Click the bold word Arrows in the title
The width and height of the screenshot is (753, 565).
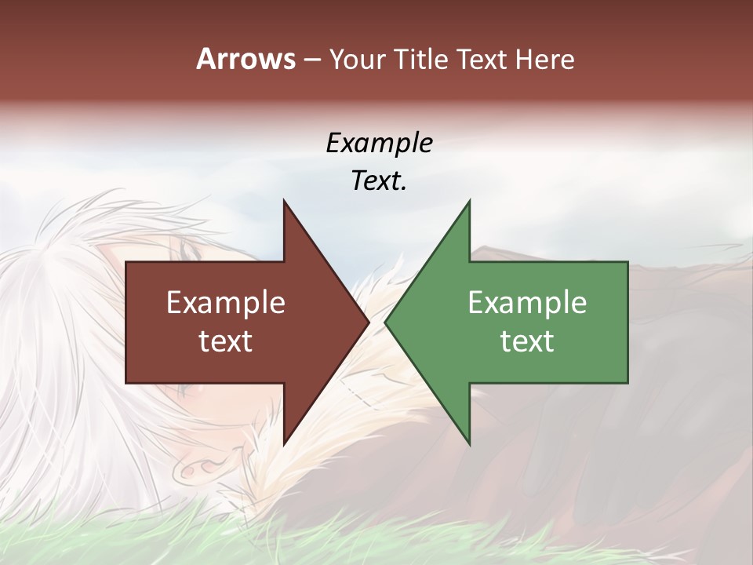[246, 59]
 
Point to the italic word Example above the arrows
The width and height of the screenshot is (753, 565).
[379, 144]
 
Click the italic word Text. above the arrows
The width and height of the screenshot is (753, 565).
[379, 181]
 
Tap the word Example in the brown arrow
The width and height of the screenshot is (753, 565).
[226, 302]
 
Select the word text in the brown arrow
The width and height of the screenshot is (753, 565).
[226, 341]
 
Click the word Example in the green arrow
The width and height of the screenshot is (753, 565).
[527, 302]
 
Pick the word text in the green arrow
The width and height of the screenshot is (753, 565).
[527, 341]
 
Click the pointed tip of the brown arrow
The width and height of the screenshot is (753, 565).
[369, 323]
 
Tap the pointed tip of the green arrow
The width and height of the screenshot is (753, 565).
[385, 323]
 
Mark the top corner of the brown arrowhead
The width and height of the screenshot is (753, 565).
[284, 201]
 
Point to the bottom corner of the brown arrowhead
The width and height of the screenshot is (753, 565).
[284, 444]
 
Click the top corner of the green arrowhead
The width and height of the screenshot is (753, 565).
[470, 201]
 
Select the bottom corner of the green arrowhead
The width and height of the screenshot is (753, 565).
[470, 444]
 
